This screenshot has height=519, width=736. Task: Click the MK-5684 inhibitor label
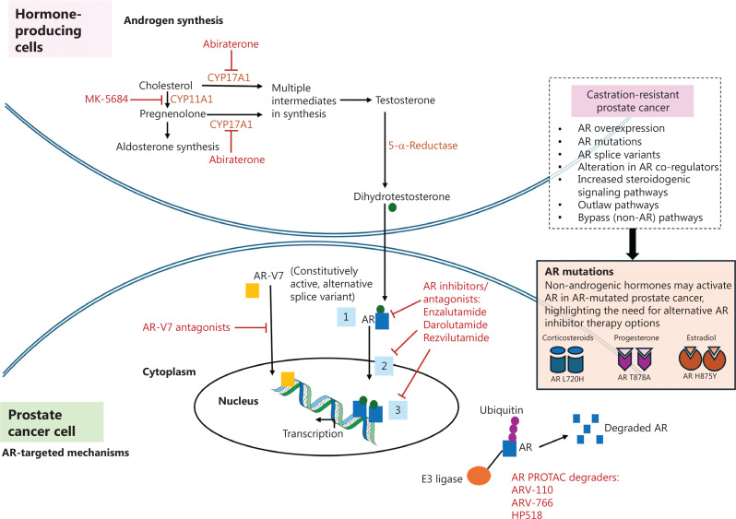[x=106, y=97]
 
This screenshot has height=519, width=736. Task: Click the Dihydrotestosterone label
[x=390, y=196]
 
